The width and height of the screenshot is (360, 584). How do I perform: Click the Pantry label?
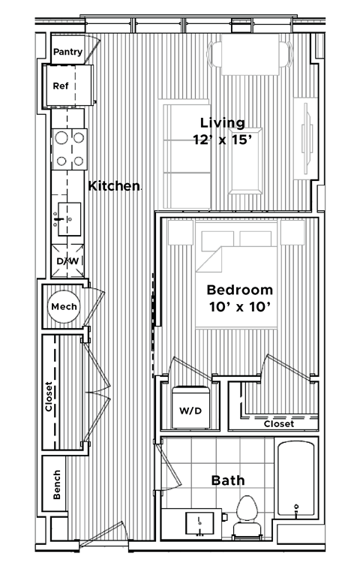tap(67, 52)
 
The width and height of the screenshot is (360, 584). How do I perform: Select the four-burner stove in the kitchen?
tap(69, 148)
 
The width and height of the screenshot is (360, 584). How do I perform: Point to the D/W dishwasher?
tap(67, 261)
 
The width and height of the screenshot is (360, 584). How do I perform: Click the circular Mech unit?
tap(64, 307)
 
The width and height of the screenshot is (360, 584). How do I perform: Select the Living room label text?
tap(222, 122)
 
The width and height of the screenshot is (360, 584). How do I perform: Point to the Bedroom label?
tap(239, 290)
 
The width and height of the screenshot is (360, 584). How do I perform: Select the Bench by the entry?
tap(58, 486)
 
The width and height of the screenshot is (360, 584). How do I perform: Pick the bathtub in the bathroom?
tap(297, 480)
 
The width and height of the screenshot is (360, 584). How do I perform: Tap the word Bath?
tap(226, 480)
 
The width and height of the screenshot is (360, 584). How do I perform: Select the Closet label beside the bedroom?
tap(278, 424)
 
